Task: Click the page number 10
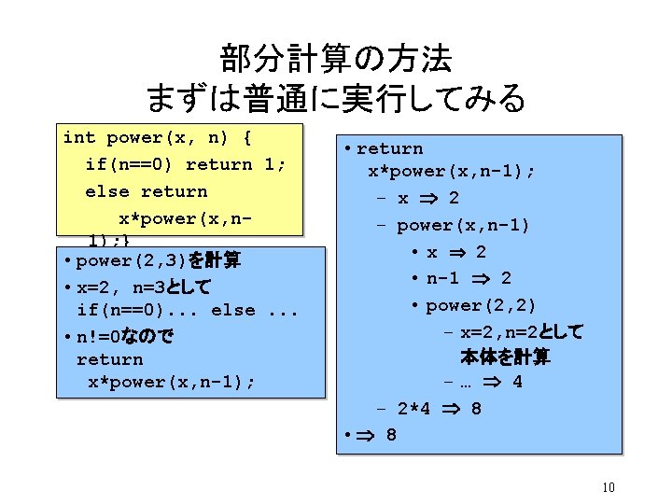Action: pyautogui.click(x=608, y=487)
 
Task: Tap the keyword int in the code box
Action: pyautogui.click(x=78, y=138)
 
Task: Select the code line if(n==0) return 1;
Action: pyautogui.click(x=185, y=164)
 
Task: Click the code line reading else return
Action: pyautogui.click(x=146, y=191)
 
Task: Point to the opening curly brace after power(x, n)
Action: pyautogui.click(x=246, y=138)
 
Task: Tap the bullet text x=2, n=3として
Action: pyautogui.click(x=144, y=286)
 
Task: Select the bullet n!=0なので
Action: pyautogui.click(x=125, y=335)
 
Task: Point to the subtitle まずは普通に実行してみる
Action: pyautogui.click(x=336, y=97)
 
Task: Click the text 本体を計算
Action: pyautogui.click(x=505, y=357)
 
